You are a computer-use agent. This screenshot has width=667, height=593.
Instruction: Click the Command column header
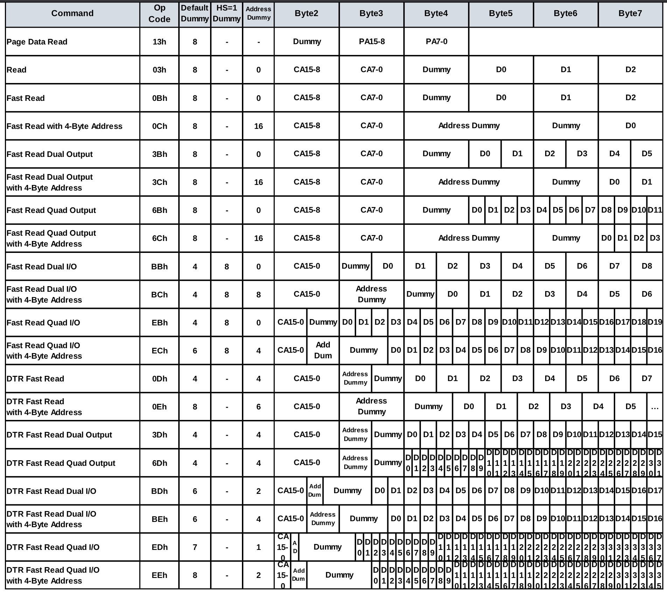tap(72, 13)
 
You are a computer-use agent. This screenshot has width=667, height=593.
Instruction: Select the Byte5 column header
tap(501, 13)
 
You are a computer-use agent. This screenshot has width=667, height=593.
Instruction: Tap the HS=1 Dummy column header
tap(227, 13)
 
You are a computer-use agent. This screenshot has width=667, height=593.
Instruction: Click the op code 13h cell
tap(159, 42)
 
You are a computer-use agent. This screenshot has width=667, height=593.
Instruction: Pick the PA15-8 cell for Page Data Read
tap(371, 41)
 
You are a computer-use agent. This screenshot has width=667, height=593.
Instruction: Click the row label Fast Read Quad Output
tap(51, 210)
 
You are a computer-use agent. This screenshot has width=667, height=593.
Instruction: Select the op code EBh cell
tap(159, 323)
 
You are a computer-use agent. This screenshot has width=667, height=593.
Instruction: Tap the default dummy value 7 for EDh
tap(195, 547)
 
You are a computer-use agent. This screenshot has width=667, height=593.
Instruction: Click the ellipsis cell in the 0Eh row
tap(655, 407)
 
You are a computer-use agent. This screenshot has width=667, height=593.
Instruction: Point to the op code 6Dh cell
tap(159, 463)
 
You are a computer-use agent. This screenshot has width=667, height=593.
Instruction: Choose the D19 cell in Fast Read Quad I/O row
tap(655, 322)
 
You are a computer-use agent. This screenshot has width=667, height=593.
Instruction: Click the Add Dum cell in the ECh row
tap(323, 350)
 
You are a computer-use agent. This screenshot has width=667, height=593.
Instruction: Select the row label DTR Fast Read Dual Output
tap(59, 435)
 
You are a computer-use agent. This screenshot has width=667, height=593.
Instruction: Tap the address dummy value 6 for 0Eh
tap(258, 407)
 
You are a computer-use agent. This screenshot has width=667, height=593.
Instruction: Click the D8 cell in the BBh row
tap(647, 266)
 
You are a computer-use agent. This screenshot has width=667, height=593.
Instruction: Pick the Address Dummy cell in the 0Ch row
tap(469, 126)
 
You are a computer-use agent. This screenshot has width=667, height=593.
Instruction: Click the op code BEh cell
tap(159, 519)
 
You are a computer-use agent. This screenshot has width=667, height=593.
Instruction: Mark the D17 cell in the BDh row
tap(655, 491)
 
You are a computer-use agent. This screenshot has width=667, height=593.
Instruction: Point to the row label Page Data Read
tap(37, 42)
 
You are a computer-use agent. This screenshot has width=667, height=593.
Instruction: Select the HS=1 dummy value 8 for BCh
tap(227, 295)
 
